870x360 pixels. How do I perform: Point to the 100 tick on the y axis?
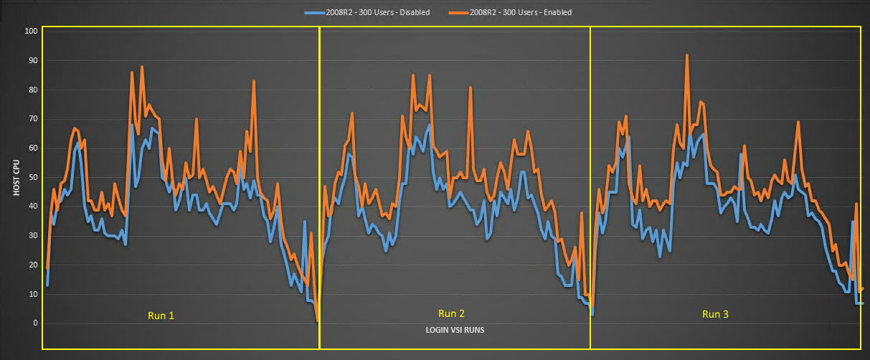click(31, 32)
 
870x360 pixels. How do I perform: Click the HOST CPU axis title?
click(16, 177)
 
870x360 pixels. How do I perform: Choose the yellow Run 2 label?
click(451, 313)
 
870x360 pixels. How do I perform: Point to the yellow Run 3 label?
click(715, 314)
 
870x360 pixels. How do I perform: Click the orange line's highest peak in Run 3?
click(687, 55)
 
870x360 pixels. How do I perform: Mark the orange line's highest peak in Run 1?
click(142, 67)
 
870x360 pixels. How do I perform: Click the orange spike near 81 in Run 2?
click(471, 87)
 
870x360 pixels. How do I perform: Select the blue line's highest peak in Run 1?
click(132, 124)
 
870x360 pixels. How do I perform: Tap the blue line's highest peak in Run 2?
click(429, 125)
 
